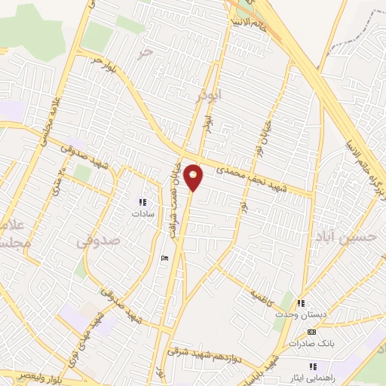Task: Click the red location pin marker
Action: [x=194, y=178]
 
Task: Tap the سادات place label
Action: [x=142, y=214]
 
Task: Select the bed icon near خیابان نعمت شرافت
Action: [x=165, y=259]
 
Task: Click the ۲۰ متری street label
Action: [x=55, y=178]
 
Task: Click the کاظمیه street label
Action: [x=265, y=288]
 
